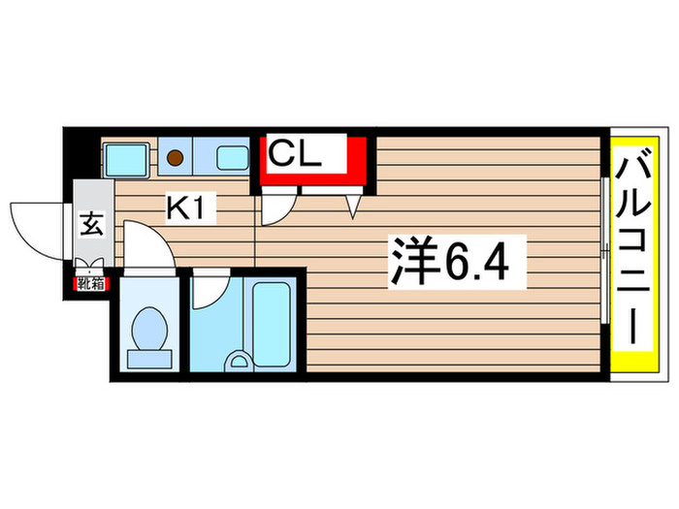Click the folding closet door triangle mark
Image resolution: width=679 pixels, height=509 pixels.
[353, 205]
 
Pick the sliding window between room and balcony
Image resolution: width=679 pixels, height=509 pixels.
[604, 254]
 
